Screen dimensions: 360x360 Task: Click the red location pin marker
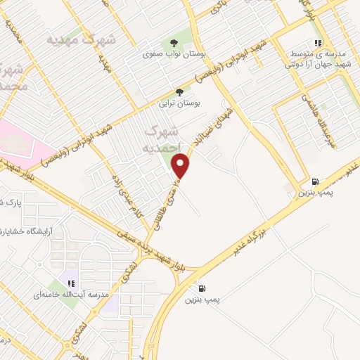[181, 166]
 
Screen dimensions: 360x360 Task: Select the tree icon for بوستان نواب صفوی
[174, 43]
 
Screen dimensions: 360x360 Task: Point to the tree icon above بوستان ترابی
[179, 92]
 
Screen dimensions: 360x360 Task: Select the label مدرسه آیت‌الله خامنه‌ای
[69, 295]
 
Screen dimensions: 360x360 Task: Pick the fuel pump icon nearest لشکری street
[202, 288]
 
